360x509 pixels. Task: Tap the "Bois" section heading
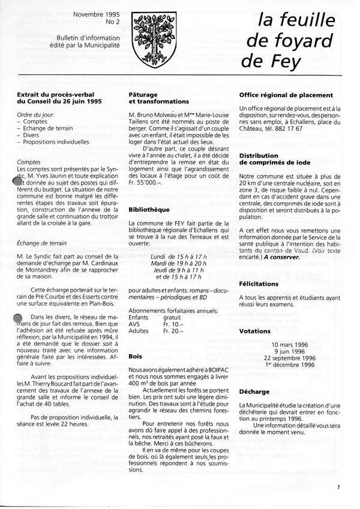click(x=136, y=356)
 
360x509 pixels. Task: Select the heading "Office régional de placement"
click(x=286, y=95)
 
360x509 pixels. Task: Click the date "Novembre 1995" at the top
click(x=96, y=13)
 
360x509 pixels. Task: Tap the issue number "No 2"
click(x=112, y=23)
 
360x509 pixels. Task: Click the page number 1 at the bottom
click(x=338, y=487)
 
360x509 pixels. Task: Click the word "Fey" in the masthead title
click(x=279, y=61)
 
